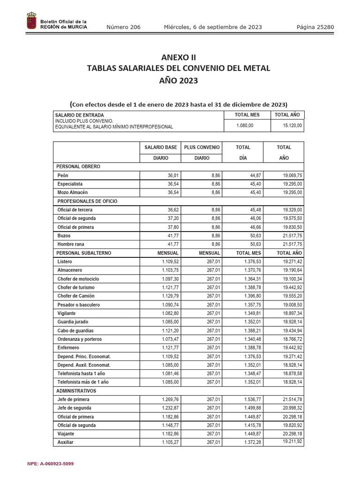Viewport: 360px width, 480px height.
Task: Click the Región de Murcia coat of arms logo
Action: pos(31,22)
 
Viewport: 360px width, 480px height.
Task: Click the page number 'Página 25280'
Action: pos(315,27)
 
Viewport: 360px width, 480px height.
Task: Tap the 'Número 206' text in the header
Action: pos(123,27)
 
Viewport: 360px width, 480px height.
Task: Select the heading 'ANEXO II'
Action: pos(179,58)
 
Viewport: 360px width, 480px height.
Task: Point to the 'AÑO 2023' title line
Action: pos(179,81)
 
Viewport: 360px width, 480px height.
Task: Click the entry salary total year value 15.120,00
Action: pos(292,126)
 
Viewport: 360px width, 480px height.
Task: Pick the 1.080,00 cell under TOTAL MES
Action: pos(244,126)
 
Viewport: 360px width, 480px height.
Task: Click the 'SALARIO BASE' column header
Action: pos(161,148)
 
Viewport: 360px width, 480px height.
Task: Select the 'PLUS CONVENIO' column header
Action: pos(202,148)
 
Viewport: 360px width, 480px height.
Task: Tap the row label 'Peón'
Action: pos(63,175)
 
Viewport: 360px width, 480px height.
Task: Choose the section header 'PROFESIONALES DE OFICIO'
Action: pos(87,201)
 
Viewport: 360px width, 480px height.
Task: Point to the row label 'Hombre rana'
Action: pos(71,244)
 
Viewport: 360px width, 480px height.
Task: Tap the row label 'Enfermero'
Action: pos(68,348)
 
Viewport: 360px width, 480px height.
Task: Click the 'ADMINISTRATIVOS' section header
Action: pos(76,391)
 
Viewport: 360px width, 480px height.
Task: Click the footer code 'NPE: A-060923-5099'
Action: pos(51,464)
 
